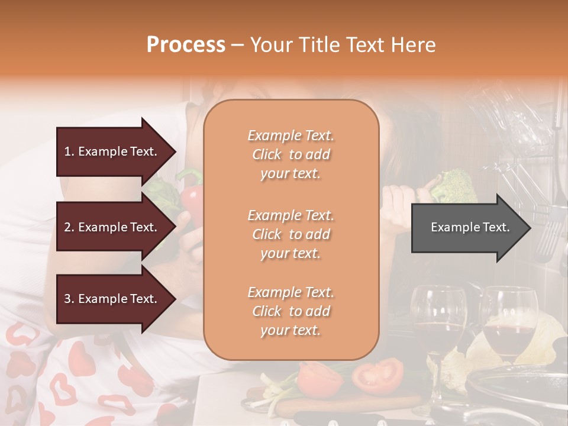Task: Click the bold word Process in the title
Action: [186, 45]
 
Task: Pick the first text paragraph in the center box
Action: [291, 154]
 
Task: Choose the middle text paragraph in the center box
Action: [291, 234]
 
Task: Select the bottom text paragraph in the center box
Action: [291, 311]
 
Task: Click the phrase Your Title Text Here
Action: [343, 45]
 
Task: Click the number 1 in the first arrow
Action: [67, 151]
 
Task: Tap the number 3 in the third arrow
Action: [67, 299]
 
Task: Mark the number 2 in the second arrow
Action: [67, 227]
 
